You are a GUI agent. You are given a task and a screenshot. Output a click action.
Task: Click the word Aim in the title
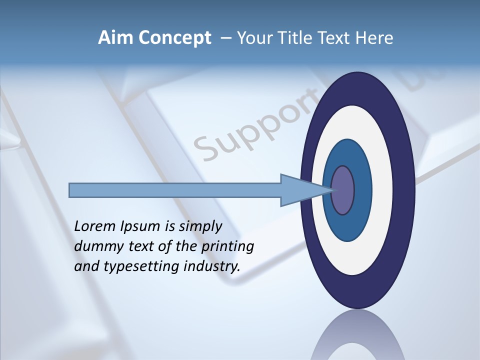[x=116, y=38]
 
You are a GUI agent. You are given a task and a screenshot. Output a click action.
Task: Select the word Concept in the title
[x=174, y=38]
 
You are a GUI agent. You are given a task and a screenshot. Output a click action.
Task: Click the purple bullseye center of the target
[x=342, y=190]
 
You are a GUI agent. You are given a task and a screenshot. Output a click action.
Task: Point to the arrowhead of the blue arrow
[x=300, y=190]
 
